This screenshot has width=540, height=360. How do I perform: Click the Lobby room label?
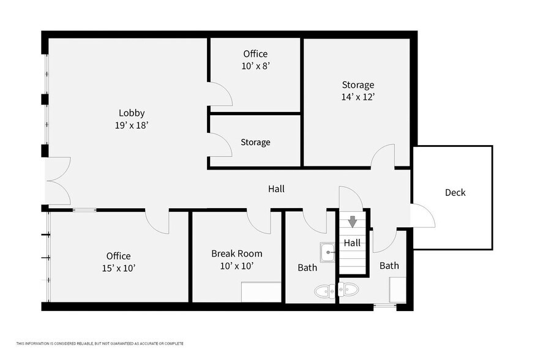pyautogui.click(x=132, y=113)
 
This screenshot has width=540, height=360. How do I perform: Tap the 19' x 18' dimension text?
pyautogui.click(x=132, y=125)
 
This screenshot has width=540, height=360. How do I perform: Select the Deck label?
pyautogui.click(x=455, y=192)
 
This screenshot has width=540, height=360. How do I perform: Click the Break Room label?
pyautogui.click(x=236, y=253)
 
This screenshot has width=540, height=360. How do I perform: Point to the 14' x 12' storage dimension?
pyautogui.click(x=358, y=97)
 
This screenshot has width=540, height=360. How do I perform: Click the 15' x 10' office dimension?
pyautogui.click(x=118, y=268)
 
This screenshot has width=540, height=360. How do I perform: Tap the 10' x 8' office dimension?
pyautogui.click(x=255, y=66)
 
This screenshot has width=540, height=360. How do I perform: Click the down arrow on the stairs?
pyautogui.click(x=352, y=220)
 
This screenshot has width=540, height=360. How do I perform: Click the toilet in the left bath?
pyautogui.click(x=324, y=290)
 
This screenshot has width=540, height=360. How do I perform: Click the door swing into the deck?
pyautogui.click(x=424, y=216)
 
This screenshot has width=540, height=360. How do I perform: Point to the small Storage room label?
pyautogui.click(x=255, y=142)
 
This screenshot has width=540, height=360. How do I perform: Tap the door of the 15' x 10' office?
pyautogui.click(x=157, y=222)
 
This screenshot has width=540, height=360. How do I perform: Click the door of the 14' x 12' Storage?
pyautogui.click(x=383, y=156)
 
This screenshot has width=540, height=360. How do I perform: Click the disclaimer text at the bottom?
pyautogui.click(x=100, y=343)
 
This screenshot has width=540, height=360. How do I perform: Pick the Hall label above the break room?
pyautogui.click(x=276, y=189)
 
